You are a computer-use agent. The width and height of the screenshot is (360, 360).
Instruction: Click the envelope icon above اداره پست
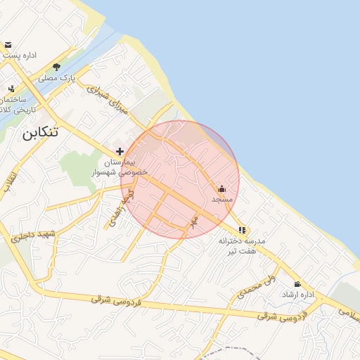tap(8, 45)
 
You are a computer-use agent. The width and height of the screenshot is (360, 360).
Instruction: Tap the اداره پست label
tap(20, 55)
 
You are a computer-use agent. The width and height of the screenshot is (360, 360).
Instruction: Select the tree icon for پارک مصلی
tap(56, 67)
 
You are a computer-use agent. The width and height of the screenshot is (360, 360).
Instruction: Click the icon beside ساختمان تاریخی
tap(11, 89)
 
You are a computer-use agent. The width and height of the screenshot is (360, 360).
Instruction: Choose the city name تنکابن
tap(39, 133)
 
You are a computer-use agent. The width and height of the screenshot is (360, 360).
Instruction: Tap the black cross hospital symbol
tap(120, 151)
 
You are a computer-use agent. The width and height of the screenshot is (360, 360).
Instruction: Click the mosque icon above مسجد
tap(222, 188)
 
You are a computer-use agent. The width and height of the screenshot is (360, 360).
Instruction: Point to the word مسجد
tap(222, 200)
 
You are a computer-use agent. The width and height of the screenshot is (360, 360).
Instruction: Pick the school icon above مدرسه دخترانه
tap(242, 230)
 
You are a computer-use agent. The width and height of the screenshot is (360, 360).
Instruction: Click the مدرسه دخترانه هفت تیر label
tap(242, 245)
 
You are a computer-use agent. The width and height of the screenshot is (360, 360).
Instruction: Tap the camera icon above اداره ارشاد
tap(297, 284)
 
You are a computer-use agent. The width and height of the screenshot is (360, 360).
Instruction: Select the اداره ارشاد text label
tap(298, 294)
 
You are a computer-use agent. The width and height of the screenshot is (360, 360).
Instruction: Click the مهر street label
tap(194, 221)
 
